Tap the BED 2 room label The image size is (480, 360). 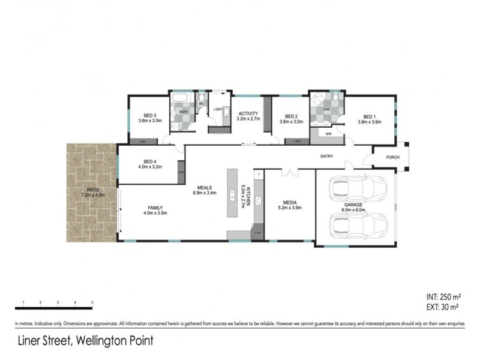(292, 116)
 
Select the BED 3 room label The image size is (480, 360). (150, 116)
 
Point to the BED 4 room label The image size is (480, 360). (150, 161)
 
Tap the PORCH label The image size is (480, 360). (393, 157)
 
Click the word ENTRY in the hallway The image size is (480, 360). (326, 157)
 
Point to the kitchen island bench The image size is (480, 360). (232, 195)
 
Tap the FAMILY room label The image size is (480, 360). (155, 208)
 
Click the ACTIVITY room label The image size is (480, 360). (248, 113)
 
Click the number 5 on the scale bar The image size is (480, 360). (92, 301)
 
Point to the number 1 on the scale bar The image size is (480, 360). (22, 301)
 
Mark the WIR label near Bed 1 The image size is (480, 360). (329, 134)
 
